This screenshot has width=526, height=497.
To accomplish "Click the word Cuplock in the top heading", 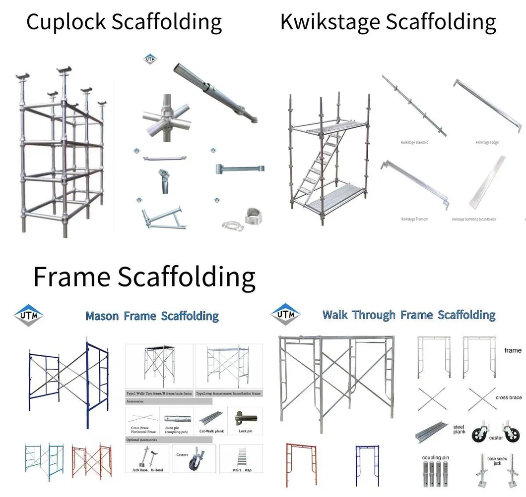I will [x=66, y=22].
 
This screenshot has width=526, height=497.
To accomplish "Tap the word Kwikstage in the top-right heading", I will [x=329, y=22].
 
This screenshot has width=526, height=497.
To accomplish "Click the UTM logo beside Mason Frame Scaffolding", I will [x=28, y=316].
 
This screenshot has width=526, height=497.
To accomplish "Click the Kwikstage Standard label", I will [x=414, y=143].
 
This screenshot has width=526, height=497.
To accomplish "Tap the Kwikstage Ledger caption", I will [x=487, y=143].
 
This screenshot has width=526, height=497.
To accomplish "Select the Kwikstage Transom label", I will [x=414, y=219].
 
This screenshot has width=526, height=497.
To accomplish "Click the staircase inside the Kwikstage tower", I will [x=320, y=164].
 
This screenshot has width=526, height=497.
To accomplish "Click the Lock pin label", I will [x=245, y=431].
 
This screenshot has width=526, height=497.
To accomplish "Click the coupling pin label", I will [x=435, y=457].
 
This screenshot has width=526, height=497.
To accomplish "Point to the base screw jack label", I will [x=497, y=460].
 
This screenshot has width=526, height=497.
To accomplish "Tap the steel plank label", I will [x=459, y=429].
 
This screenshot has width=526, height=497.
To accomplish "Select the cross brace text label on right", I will [x=509, y=397].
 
